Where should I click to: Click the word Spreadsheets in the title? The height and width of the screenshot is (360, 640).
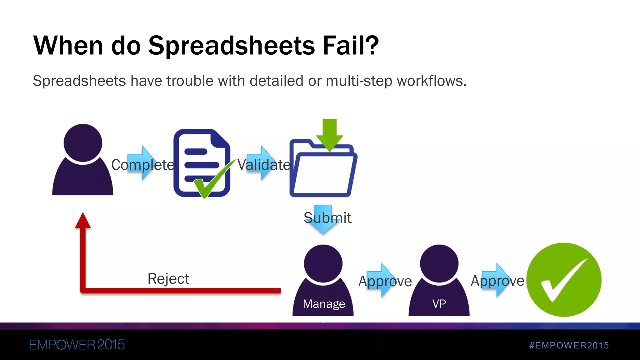(x=231, y=46)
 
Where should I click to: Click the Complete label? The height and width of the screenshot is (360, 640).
(x=142, y=165)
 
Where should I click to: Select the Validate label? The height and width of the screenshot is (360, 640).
(x=264, y=165)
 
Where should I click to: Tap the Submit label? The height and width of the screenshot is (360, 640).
(x=327, y=218)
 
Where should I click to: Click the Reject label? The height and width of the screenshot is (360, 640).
(x=168, y=279)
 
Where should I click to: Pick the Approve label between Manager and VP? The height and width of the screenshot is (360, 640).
(x=385, y=281)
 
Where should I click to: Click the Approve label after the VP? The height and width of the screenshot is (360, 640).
(x=497, y=281)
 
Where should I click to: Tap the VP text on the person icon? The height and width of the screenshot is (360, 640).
(x=439, y=304)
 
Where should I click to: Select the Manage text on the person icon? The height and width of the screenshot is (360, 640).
(x=324, y=304)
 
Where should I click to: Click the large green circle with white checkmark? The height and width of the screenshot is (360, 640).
(x=564, y=280)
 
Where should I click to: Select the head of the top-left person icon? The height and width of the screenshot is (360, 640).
(x=83, y=143)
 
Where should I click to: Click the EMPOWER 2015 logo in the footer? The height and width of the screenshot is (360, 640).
(x=77, y=345)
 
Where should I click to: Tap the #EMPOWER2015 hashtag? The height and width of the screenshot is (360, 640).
(x=569, y=345)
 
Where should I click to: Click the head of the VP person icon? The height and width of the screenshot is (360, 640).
(x=439, y=263)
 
